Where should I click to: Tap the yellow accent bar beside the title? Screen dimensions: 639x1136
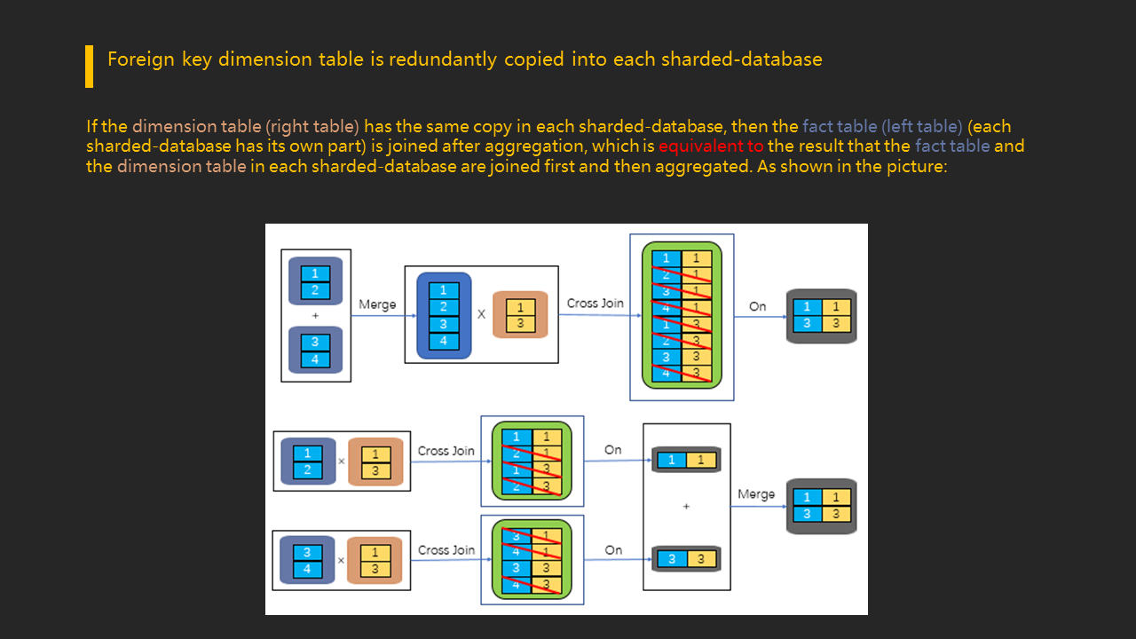coord(89,67)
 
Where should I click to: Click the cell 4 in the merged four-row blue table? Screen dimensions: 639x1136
coord(444,341)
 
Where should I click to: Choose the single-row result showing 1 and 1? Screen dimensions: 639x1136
coord(685,460)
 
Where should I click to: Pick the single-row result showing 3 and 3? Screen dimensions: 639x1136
coord(685,559)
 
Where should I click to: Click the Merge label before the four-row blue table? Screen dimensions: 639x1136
coord(377,304)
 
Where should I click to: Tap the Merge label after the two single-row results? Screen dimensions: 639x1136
coord(756,494)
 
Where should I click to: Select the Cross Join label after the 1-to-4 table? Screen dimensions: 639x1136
coord(595,304)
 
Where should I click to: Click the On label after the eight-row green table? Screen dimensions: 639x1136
coord(757,306)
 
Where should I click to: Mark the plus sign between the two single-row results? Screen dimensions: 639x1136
coord(686,507)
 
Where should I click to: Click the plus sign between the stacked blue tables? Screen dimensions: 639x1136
coord(315,316)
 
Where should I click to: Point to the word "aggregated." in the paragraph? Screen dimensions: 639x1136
coord(706,166)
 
